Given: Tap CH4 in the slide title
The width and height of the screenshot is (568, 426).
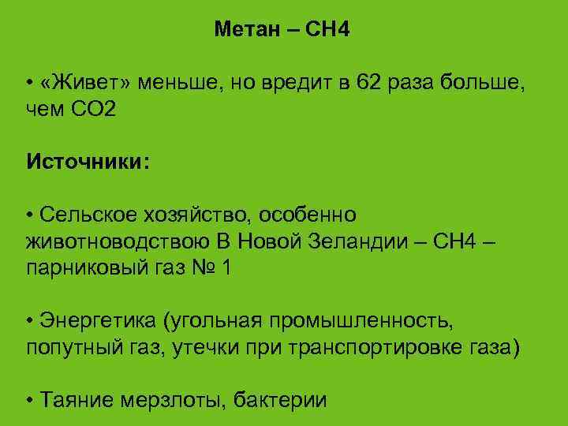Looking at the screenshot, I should [327, 30].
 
